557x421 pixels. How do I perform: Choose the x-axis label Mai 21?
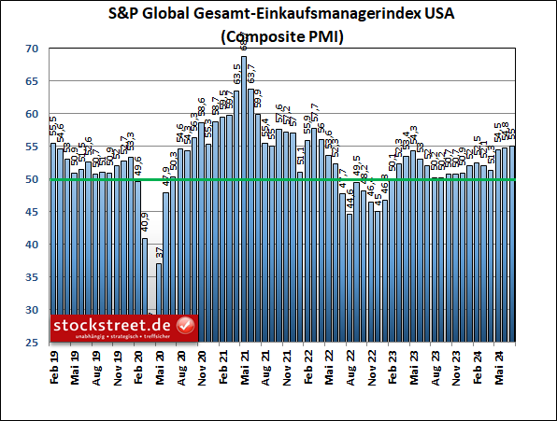[x=244, y=365]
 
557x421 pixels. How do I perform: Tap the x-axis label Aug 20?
[x=180, y=365]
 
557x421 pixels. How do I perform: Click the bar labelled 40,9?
[x=145, y=289]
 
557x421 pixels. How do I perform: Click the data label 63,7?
[x=251, y=72]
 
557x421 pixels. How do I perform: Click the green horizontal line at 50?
[x=280, y=179]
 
